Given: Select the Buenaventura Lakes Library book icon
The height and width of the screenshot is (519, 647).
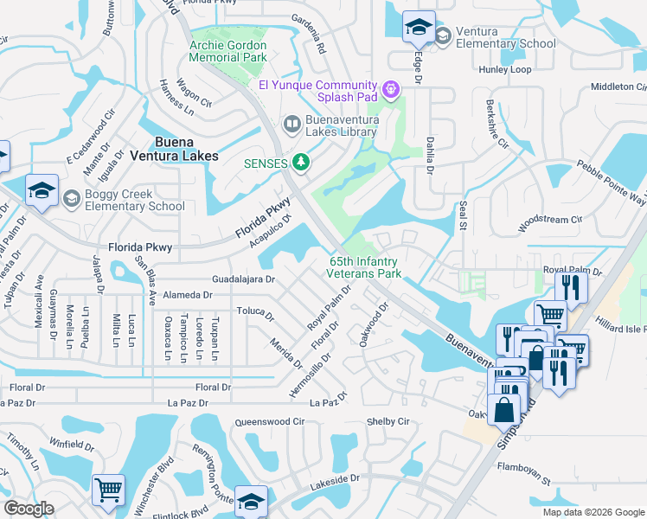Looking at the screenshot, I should (292, 126).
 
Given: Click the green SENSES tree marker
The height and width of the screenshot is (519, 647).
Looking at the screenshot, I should (301, 162).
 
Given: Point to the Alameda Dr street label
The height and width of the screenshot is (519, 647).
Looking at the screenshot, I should (188, 295).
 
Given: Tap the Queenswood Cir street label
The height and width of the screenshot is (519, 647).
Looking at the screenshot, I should (270, 422).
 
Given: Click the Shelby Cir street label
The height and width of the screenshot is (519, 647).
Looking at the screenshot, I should (387, 421).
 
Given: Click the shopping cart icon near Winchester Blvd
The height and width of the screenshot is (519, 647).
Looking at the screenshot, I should (109, 489).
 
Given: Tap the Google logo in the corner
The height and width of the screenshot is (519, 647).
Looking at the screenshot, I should (29, 508).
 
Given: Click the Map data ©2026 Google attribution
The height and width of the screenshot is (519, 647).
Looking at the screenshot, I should (593, 512).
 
